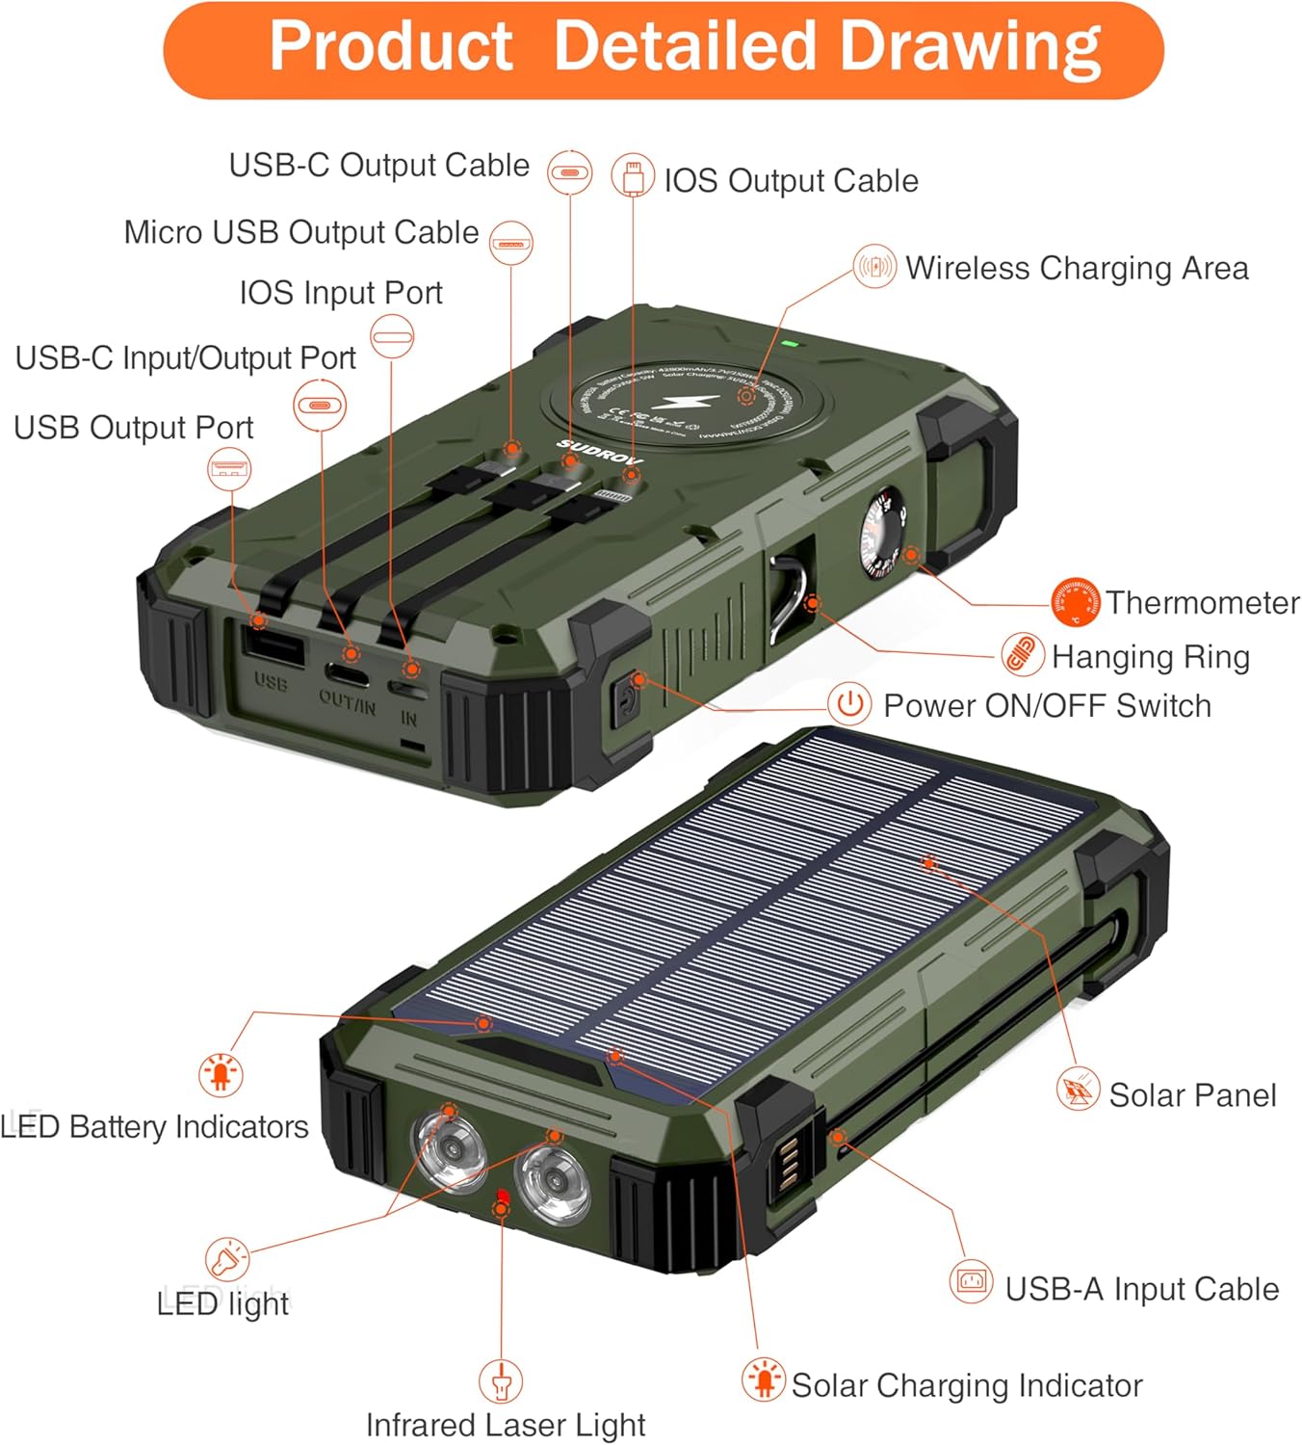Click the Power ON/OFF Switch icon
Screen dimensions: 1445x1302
point(849,704)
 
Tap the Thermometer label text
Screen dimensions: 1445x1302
point(1202,603)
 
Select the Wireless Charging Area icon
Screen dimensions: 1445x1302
point(874,266)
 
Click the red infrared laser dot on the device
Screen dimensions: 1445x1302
point(502,1196)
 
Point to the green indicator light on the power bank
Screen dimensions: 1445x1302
point(789,342)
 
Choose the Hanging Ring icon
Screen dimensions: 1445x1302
point(1022,655)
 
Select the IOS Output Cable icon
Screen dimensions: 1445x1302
point(633,177)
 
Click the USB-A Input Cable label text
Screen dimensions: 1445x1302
point(1142,1289)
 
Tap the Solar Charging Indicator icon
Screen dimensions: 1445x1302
point(764,1379)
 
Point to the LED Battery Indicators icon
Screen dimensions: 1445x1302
point(221,1073)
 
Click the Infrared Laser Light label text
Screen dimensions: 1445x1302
point(506,1425)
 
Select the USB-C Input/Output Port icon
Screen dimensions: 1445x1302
point(320,405)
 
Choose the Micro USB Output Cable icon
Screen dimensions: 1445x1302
point(511,243)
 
